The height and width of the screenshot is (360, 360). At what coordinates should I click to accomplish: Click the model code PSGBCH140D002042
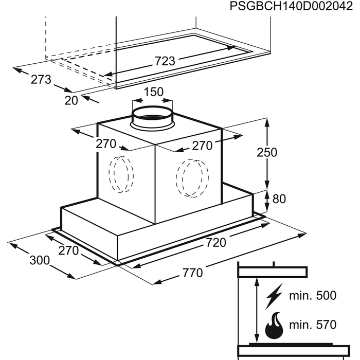click(x=291, y=6)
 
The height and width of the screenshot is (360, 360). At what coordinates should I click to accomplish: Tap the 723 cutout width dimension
click(x=165, y=61)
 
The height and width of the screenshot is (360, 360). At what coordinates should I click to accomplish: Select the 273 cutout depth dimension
click(x=41, y=79)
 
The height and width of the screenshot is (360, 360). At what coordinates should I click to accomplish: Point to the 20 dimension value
click(x=71, y=100)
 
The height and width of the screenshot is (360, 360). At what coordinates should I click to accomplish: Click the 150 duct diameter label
click(x=154, y=92)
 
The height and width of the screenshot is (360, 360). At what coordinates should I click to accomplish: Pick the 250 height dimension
click(x=267, y=152)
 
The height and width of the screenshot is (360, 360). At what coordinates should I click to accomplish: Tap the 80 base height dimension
click(x=279, y=199)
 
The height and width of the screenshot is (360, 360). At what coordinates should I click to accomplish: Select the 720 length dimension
click(x=216, y=242)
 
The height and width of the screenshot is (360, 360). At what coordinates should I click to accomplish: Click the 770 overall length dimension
click(x=193, y=273)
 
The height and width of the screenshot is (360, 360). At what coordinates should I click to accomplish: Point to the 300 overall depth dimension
click(x=40, y=260)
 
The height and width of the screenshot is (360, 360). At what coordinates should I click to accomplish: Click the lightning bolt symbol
click(x=274, y=296)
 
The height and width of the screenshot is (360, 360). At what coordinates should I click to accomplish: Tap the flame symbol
click(x=274, y=325)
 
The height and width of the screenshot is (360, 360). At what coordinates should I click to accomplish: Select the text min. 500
click(x=313, y=295)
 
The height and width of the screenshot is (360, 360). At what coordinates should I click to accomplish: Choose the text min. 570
click(x=313, y=325)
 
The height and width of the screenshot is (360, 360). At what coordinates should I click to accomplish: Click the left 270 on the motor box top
click(x=106, y=144)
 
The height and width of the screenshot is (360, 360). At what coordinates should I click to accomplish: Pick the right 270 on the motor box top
click(x=202, y=146)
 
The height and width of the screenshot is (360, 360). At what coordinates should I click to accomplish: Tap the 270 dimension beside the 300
click(x=68, y=250)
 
